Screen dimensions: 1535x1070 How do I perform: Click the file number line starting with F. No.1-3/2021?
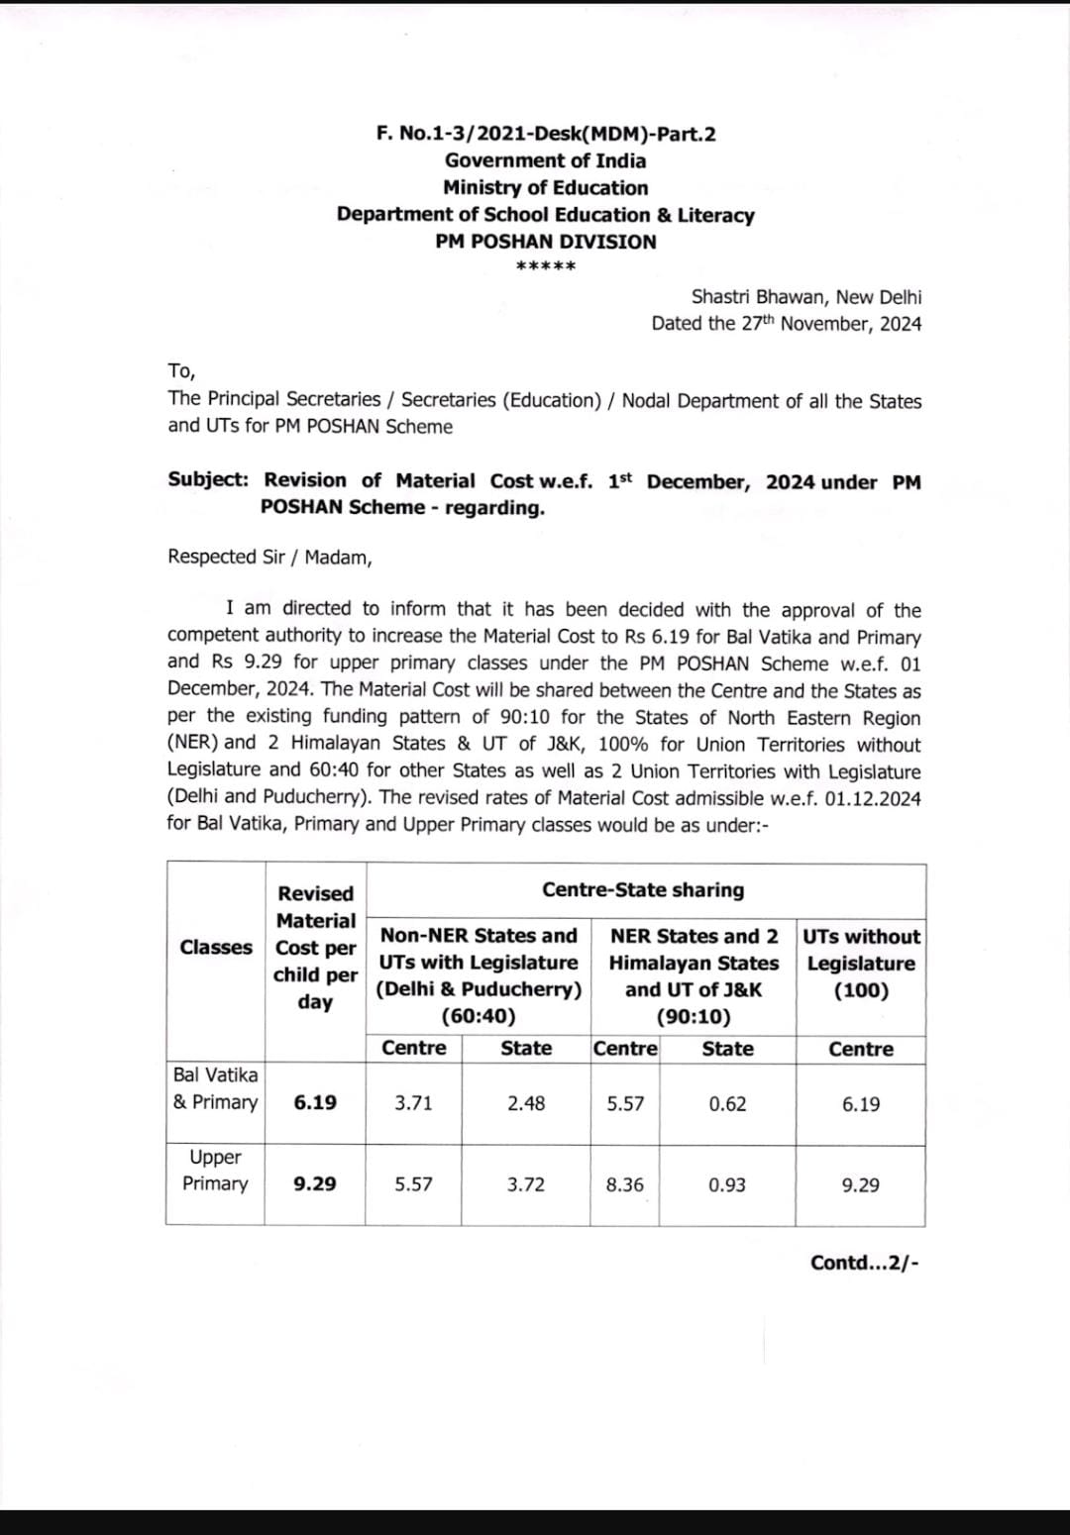[546, 134]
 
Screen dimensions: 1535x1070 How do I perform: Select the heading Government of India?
[545, 160]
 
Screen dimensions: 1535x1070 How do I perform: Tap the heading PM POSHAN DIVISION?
[545, 242]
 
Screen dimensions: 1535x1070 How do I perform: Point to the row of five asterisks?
[546, 265]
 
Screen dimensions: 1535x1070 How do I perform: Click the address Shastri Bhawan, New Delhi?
[805, 297]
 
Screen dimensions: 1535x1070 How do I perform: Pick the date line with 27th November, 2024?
[786, 324]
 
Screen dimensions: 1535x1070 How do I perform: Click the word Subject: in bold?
[208, 480]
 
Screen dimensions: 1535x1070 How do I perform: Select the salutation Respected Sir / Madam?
[269, 557]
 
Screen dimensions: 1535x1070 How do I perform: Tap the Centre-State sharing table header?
[643, 889]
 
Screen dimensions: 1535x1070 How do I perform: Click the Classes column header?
[216, 948]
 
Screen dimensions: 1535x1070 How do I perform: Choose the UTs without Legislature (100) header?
[860, 963]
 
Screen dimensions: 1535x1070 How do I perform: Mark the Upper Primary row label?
[215, 1171]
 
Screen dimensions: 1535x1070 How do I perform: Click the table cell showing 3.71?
[413, 1103]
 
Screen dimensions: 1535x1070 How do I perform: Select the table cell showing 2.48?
[526, 1103]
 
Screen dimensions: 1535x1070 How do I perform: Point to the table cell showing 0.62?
[727, 1104]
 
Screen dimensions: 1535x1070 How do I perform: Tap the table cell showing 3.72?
[526, 1184]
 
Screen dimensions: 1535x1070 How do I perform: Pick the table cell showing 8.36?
[624, 1184]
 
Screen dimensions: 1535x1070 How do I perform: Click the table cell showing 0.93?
[727, 1184]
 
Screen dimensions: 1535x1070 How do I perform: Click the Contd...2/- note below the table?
[864, 1263]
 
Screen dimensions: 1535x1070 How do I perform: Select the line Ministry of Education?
[545, 188]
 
